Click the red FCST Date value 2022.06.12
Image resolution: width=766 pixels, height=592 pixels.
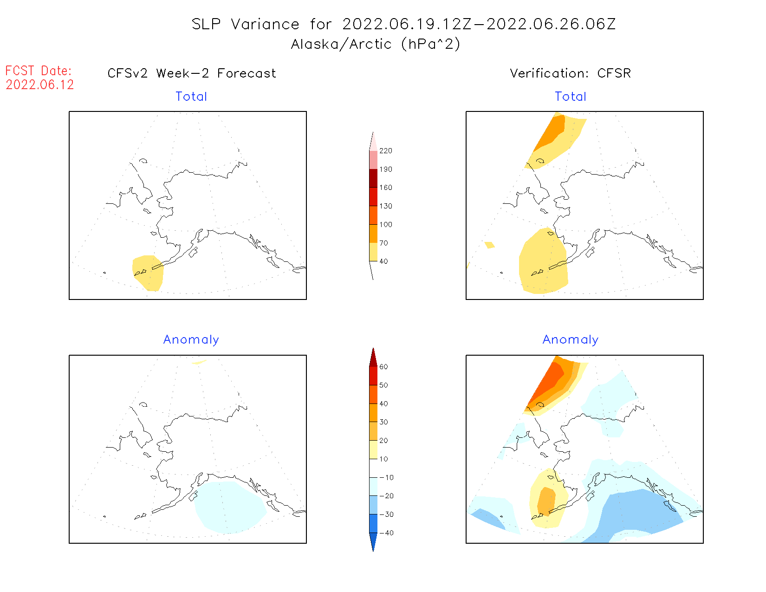point(40,85)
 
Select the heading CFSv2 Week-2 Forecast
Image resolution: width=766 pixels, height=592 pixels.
point(191,73)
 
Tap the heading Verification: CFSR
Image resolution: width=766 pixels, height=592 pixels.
point(570,73)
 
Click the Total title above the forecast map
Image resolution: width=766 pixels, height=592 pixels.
point(191,97)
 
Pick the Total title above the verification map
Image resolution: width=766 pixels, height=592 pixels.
point(571,97)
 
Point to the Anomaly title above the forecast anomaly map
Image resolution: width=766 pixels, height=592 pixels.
point(191,340)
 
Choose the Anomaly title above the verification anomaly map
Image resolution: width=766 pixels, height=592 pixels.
point(571,340)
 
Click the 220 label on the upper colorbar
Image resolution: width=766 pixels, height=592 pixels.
point(385,151)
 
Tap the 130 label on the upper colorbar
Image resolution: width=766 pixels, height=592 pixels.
point(385,206)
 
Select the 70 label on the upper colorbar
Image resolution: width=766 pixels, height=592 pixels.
point(383,243)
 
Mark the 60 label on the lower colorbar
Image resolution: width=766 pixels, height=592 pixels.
point(383,367)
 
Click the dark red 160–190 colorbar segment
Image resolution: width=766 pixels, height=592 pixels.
point(373,178)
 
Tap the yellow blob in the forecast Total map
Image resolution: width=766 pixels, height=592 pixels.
point(148,273)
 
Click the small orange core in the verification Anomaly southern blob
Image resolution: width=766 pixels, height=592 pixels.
point(546,501)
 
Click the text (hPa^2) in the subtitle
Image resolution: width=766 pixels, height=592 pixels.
point(431,44)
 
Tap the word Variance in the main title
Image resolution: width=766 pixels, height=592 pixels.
point(265,24)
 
